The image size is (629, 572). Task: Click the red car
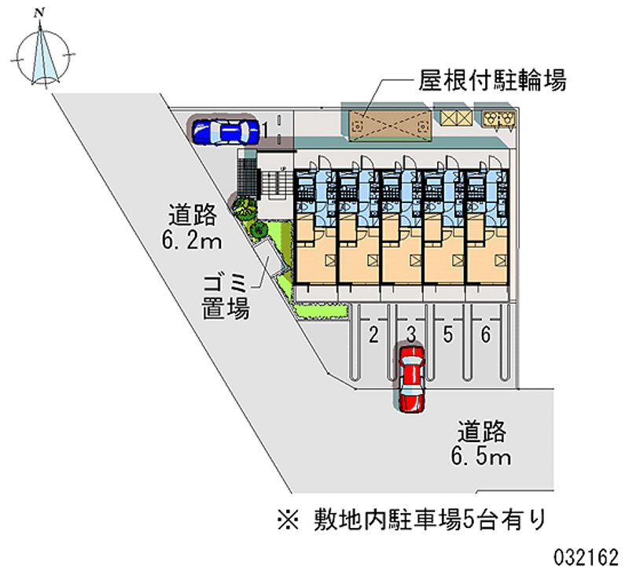410,377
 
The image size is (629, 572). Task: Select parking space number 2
373,335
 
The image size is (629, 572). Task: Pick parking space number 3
410,335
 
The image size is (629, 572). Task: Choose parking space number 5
447,335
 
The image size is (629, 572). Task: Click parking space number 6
486,335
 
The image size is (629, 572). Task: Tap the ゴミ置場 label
226,296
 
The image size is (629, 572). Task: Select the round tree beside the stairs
243,206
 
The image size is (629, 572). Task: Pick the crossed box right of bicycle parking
455,118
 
